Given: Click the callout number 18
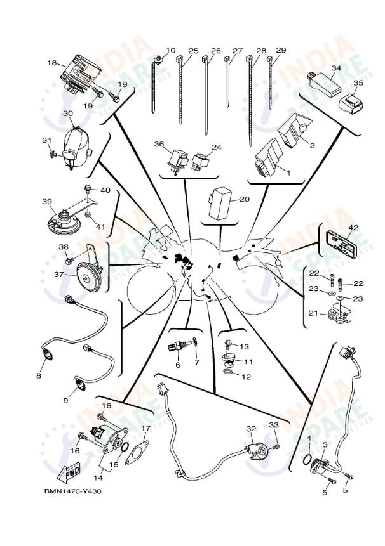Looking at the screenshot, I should tap(52, 63).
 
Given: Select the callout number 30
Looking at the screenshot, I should tap(68, 113).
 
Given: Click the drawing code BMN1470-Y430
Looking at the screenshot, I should tap(72, 491).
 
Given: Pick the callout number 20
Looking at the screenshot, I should tap(245, 199).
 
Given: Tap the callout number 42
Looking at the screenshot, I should tap(353, 226).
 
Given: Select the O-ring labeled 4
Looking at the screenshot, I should tap(308, 457).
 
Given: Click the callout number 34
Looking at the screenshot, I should tap(336, 67).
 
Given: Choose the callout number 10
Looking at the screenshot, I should tap(171, 50).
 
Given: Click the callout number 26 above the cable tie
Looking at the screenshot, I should tap(215, 51).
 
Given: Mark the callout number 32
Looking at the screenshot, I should tap(250, 429).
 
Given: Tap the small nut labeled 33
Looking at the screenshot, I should tap(276, 448).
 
